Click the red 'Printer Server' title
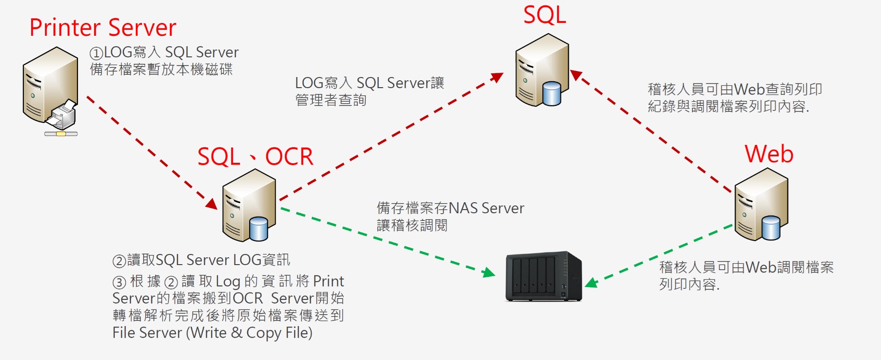103,28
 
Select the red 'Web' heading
769,154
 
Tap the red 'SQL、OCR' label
255,157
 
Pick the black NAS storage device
543,276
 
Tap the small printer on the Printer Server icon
62,115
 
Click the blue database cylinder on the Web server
770,228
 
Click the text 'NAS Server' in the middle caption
486,208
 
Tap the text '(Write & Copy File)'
249,332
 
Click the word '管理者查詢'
330,100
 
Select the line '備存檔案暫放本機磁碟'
161,70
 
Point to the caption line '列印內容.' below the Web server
689,284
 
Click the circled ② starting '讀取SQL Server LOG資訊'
119,261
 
